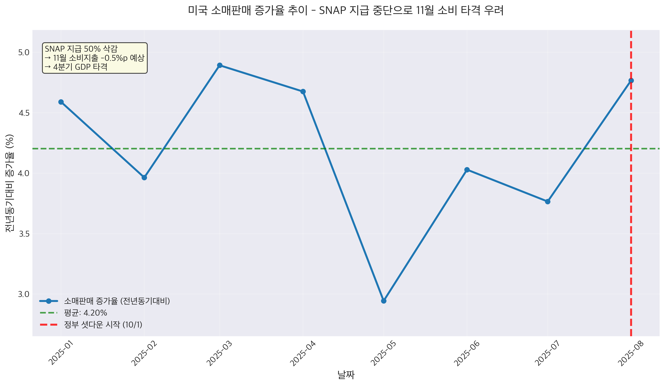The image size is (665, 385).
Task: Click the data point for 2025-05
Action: pos(384,301)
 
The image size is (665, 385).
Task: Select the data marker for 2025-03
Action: pos(219,65)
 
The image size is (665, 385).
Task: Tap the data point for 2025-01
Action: pos(61,102)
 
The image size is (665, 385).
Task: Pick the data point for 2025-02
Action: pos(144,178)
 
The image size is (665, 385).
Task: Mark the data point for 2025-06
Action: pos(467,170)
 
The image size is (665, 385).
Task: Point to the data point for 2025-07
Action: pos(548,202)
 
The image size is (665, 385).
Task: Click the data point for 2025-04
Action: pos(303,92)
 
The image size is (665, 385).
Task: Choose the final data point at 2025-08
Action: pos(631,80)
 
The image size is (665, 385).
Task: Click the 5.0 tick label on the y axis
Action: pos(23,53)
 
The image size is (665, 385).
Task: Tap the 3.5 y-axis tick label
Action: pos(23,234)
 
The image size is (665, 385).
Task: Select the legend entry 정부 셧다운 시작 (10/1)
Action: pos(103,325)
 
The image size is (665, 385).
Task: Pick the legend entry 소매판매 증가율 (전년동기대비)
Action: pos(117,301)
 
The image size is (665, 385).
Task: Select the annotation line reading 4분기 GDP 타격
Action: pos(80,67)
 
